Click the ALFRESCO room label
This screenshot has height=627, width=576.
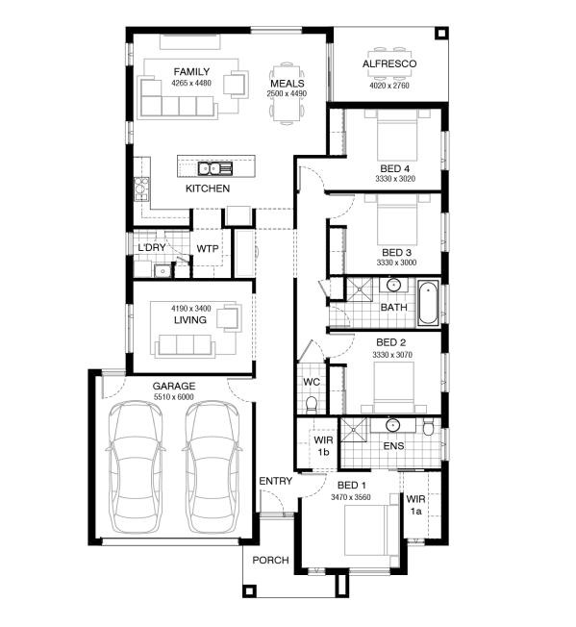coord(389,63)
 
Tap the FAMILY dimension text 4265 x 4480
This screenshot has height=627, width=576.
coord(191,83)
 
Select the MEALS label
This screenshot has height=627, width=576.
coord(287,84)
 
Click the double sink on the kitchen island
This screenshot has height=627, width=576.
coord(215,168)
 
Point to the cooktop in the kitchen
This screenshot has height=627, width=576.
coord(141,188)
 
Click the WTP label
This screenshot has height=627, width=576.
coord(208,249)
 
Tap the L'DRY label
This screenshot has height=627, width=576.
coord(152,247)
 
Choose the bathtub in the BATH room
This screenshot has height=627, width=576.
coord(428,303)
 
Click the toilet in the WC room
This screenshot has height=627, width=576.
coord(311,404)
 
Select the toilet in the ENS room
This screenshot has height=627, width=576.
coord(428,427)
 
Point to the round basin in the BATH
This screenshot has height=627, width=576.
coord(393,286)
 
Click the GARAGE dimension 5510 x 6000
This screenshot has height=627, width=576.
coord(174,396)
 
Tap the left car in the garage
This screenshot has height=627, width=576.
coord(136,467)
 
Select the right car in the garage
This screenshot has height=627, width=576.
coord(213,467)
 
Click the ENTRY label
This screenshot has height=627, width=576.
coord(275,481)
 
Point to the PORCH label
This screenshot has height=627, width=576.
coord(270,561)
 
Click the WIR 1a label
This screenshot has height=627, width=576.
coord(415,505)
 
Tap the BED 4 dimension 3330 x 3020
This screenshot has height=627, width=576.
coord(395,179)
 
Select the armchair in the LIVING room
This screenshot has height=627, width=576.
coord(230,318)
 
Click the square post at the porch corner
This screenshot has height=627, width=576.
coord(249,591)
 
